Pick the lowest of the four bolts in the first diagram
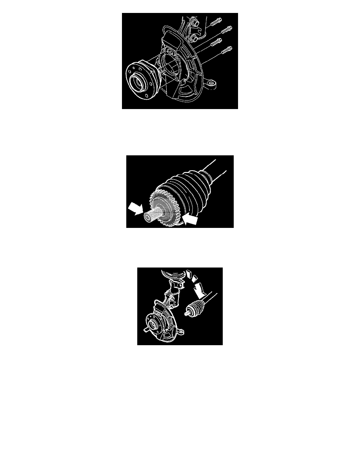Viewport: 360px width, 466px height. coord(226,50)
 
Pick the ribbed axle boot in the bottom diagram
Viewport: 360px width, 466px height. coord(196,306)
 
